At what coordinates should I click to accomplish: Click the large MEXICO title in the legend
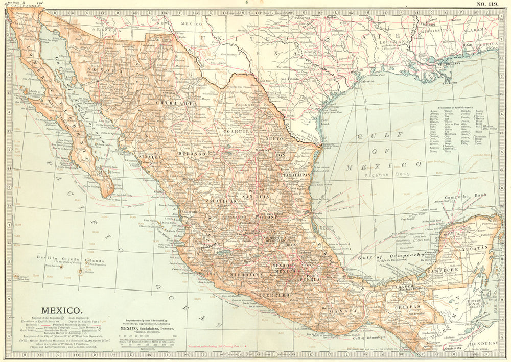(x=60, y=310)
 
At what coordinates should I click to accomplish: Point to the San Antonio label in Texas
(x=290, y=79)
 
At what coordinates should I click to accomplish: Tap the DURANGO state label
(x=192, y=153)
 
